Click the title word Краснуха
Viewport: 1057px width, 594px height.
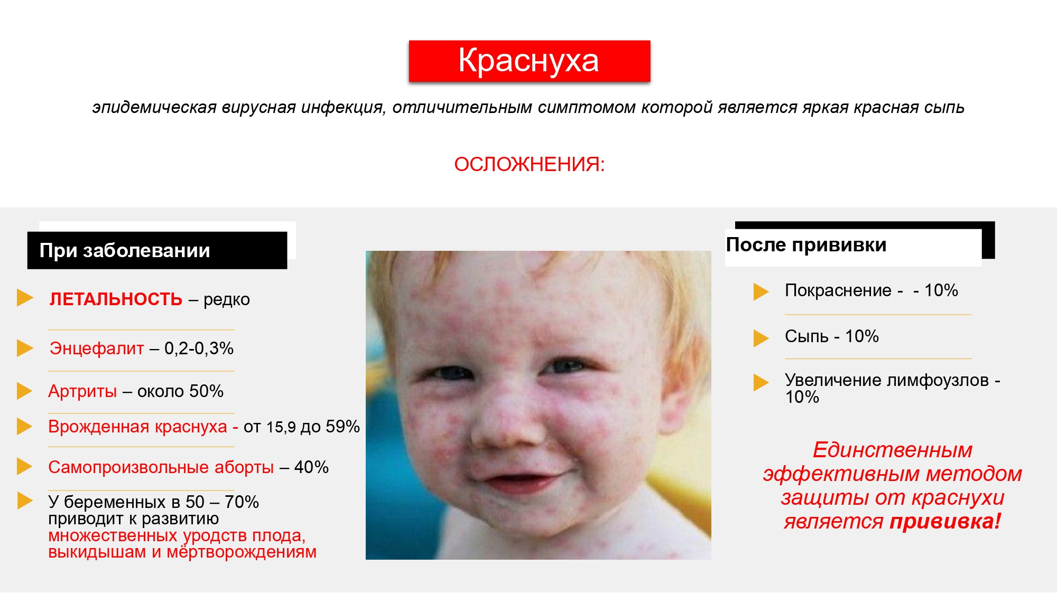[528, 61]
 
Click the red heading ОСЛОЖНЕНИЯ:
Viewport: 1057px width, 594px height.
[529, 164]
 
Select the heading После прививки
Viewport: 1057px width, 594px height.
[806, 245]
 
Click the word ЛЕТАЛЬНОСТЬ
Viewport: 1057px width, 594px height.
[116, 299]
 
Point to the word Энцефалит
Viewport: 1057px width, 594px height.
[97, 348]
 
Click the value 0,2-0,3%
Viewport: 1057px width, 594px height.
[199, 348]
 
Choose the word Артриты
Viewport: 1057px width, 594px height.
[82, 391]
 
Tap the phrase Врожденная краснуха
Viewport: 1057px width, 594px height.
[137, 427]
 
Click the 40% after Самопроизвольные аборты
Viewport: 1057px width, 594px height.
[311, 467]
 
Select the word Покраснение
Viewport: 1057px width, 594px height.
[838, 290]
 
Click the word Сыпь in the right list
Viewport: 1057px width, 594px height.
[806, 336]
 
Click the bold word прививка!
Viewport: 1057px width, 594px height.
[945, 522]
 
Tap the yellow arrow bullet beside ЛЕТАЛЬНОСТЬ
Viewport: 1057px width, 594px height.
[25, 298]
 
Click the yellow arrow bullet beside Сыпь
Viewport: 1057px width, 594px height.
[761, 338]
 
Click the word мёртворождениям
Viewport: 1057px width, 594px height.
[242, 552]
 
